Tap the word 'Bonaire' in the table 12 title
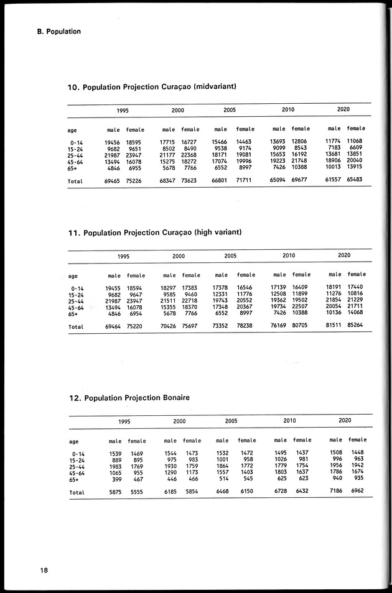pyautogui.click(x=175, y=397)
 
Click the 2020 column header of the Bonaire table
pyautogui.click(x=345, y=420)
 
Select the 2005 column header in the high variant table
pyautogui.click(x=230, y=255)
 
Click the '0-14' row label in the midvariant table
pyautogui.click(x=78, y=142)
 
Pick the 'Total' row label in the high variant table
pyautogui.click(x=76, y=326)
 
